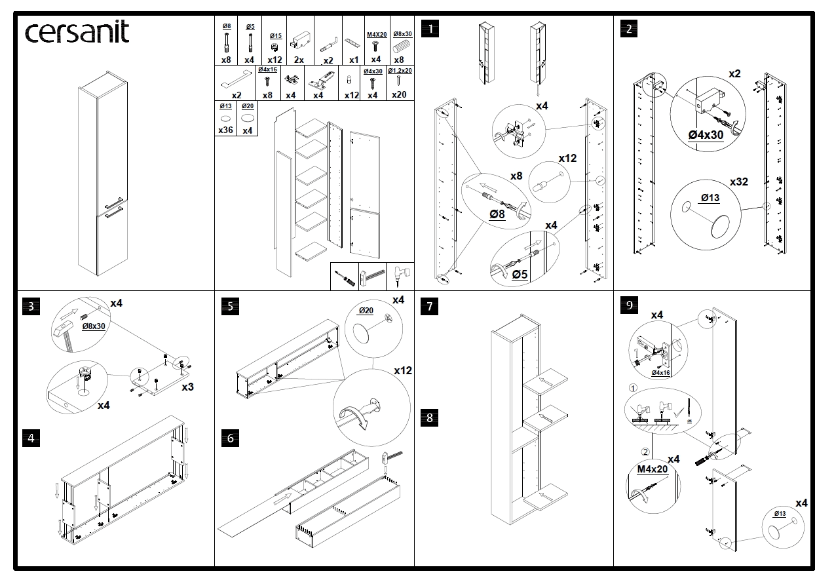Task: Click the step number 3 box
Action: click(x=30, y=306)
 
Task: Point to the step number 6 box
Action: click(x=229, y=438)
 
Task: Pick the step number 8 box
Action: click(x=429, y=417)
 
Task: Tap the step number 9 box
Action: click(x=628, y=305)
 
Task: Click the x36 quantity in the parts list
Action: click(x=225, y=130)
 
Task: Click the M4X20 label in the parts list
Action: click(x=376, y=34)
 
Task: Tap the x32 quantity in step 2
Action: click(x=739, y=182)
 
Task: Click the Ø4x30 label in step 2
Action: click(x=706, y=134)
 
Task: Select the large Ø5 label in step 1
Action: click(x=519, y=274)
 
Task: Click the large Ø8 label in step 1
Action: click(x=497, y=214)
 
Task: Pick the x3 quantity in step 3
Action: click(x=187, y=387)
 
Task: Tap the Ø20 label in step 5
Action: click(x=365, y=311)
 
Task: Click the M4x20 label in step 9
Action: click(x=652, y=469)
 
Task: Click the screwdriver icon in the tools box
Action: click(x=345, y=277)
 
